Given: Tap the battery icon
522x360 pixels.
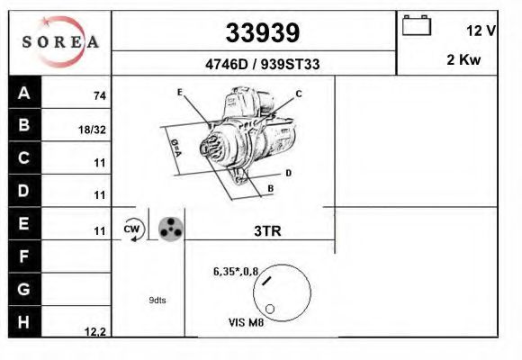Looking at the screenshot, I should point(417,25).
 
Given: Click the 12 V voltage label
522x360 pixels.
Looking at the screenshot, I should point(481,31).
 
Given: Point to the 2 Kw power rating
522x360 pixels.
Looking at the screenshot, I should point(463,61).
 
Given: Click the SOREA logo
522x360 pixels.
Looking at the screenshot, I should point(59,42).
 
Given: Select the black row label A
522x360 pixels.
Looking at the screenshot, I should point(24,93).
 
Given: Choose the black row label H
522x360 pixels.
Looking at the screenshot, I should point(24,321).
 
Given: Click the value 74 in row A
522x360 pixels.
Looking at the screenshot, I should point(99,95).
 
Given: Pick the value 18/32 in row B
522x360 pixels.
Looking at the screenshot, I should point(93,130).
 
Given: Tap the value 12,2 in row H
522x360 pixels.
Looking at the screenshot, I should point(95,332).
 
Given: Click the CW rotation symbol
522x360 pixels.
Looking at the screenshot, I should point(132,229).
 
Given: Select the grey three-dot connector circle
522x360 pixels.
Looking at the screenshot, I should point(170,229).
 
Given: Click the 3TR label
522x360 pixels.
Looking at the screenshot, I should point(268,231).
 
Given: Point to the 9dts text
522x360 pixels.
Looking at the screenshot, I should point(157,300).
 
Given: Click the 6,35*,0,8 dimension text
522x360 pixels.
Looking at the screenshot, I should point(235,270).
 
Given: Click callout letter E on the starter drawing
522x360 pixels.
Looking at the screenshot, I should point(180,93).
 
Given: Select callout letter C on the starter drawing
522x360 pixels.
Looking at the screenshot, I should point(299,94).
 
